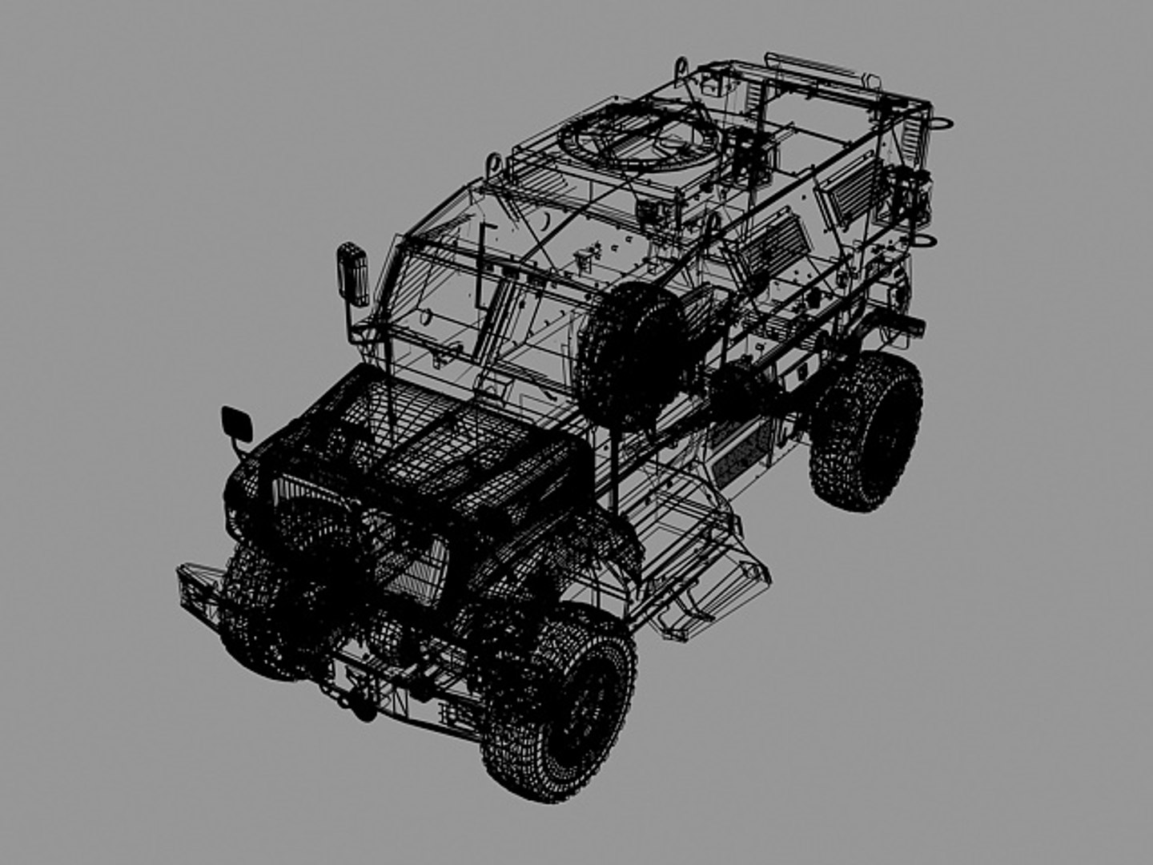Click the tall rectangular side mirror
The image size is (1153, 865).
coord(352,274)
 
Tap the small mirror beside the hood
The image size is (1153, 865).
coord(237,424)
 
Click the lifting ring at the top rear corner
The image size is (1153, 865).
coord(942,123)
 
